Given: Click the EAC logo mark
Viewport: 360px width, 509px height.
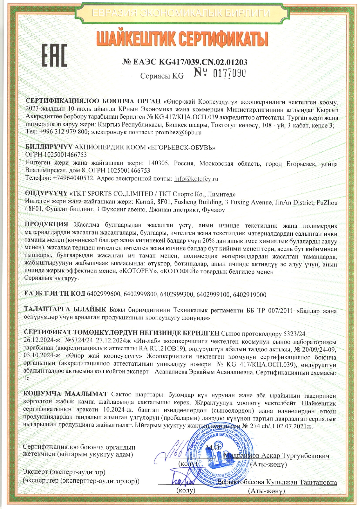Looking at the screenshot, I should (x=54, y=55).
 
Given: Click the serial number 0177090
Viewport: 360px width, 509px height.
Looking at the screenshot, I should (x=229, y=73).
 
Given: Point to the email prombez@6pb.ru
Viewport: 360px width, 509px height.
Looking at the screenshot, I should (x=178, y=132).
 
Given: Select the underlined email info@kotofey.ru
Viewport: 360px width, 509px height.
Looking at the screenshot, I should (x=196, y=179).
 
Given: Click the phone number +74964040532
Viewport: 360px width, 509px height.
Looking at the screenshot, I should (x=74, y=178).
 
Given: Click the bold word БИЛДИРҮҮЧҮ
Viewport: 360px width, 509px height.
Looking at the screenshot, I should (x=49, y=147).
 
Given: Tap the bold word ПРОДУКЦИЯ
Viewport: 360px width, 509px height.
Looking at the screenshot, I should (x=46, y=224).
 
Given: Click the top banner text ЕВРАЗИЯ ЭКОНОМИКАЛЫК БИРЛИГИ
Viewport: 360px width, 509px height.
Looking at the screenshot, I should (x=181, y=13).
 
